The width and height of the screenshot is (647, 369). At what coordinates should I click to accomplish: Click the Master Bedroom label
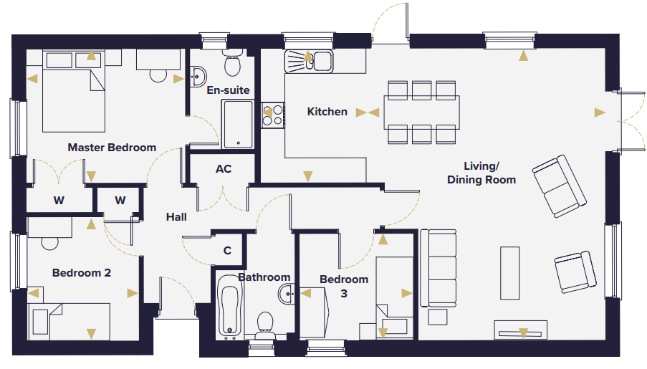pyautogui.click(x=112, y=148)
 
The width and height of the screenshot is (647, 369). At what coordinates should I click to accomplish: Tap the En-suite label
pyautogui.click(x=228, y=90)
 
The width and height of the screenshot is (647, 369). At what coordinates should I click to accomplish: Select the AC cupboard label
pyautogui.click(x=224, y=169)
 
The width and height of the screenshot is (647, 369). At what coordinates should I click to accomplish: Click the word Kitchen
pyautogui.click(x=327, y=112)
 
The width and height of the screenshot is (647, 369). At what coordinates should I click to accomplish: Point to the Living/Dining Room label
pyautogui.click(x=481, y=173)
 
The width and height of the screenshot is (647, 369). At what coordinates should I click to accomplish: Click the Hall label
pyautogui.click(x=176, y=216)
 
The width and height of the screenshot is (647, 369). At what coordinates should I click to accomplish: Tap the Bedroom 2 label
pyautogui.click(x=82, y=273)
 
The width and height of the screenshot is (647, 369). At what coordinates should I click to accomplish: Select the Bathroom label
pyautogui.click(x=264, y=277)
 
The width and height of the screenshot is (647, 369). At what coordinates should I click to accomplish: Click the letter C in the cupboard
pyautogui.click(x=227, y=251)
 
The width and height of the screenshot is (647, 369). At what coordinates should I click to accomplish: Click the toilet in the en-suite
pyautogui.click(x=233, y=63)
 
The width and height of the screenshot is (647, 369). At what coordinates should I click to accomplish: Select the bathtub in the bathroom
pyautogui.click(x=230, y=305)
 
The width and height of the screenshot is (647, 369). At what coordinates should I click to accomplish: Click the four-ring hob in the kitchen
pyautogui.click(x=273, y=115)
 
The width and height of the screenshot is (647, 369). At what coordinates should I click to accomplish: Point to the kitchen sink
pyautogui.click(x=309, y=62)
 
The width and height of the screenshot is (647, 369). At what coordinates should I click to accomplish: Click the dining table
pyautogui.click(x=422, y=112)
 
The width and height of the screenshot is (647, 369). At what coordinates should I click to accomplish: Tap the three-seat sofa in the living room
pyautogui.click(x=438, y=268)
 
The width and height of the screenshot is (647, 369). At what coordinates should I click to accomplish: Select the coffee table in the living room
pyautogui.click(x=509, y=273)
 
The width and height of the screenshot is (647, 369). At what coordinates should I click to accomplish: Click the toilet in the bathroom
pyautogui.click(x=265, y=325)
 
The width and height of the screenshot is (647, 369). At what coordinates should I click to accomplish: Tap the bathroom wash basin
pyautogui.click(x=286, y=294)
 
